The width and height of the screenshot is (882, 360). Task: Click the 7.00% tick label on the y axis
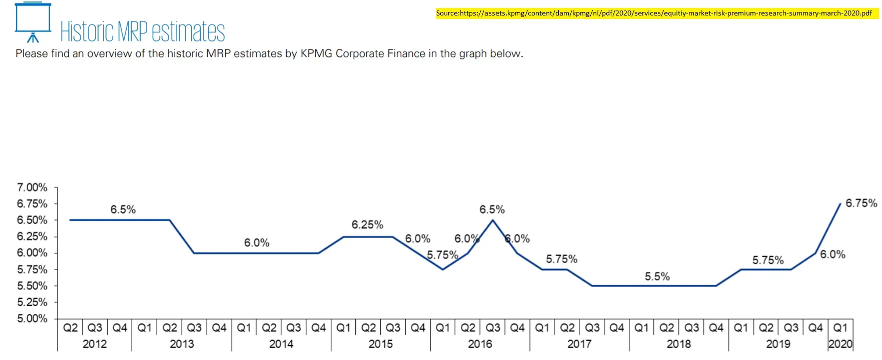pyautogui.click(x=32, y=187)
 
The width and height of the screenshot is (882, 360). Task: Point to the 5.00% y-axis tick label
pyautogui.click(x=32, y=318)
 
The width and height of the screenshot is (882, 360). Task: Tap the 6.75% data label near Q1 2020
pyautogui.click(x=861, y=203)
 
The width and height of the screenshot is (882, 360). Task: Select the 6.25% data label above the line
pyautogui.click(x=367, y=225)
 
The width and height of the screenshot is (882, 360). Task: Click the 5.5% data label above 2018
pyautogui.click(x=657, y=276)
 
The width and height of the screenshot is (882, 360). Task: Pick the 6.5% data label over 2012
pyautogui.click(x=123, y=209)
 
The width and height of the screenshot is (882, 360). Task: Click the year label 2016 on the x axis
pyautogui.click(x=480, y=344)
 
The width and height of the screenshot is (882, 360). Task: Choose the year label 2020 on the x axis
pyautogui.click(x=840, y=344)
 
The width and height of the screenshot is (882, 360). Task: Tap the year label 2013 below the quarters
pyautogui.click(x=182, y=344)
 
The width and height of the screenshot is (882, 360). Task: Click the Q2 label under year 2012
pyautogui.click(x=70, y=328)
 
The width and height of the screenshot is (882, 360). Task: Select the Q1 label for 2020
pyautogui.click(x=840, y=328)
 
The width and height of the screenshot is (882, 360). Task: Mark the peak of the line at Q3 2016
pyautogui.click(x=493, y=220)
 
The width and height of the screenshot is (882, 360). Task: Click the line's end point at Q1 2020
pyautogui.click(x=840, y=204)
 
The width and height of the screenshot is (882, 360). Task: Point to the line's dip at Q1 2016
pyautogui.click(x=443, y=269)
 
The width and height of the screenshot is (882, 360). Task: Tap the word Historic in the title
pyautogui.click(x=87, y=31)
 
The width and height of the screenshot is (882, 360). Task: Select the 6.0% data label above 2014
pyautogui.click(x=257, y=243)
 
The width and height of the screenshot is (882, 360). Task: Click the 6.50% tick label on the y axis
pyautogui.click(x=32, y=220)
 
